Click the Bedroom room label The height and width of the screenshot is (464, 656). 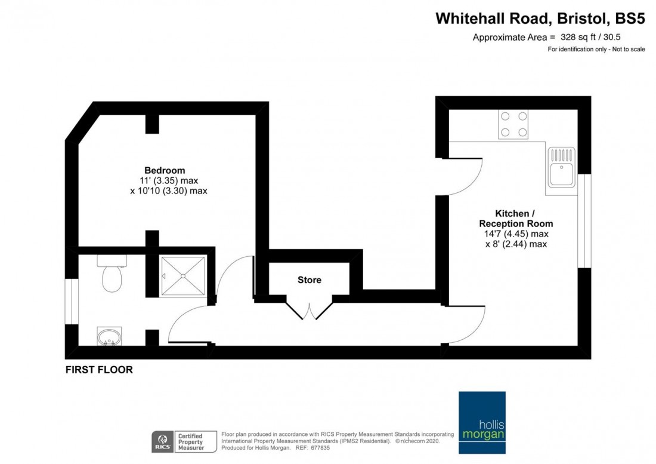pyautogui.click(x=164, y=170)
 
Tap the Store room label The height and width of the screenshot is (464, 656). pyautogui.click(x=309, y=279)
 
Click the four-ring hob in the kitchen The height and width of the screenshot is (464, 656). pyautogui.click(x=513, y=125)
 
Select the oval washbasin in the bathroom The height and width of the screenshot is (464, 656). pyautogui.click(x=109, y=337)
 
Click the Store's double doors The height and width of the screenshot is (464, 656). pyautogui.click(x=308, y=308)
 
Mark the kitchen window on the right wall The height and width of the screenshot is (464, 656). pyautogui.click(x=584, y=221)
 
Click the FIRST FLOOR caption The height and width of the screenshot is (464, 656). pyautogui.click(x=99, y=370)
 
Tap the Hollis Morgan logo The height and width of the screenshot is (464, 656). pyautogui.click(x=482, y=423)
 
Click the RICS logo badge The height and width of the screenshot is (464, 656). pyautogui.click(x=160, y=441)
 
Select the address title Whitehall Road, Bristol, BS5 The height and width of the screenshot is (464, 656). pyautogui.click(x=540, y=19)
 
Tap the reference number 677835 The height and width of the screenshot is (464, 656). pyautogui.click(x=330, y=448)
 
